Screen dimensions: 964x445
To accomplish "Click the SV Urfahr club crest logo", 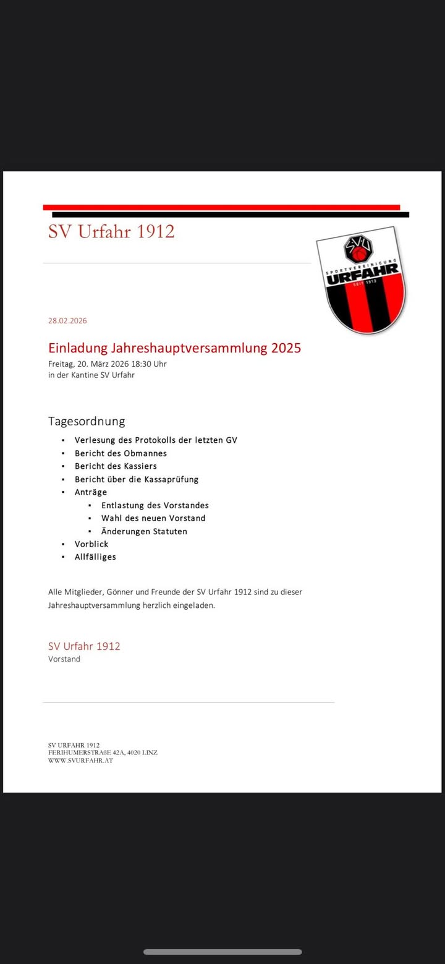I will click(362, 281).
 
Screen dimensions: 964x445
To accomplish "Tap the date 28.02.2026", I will click(67, 321).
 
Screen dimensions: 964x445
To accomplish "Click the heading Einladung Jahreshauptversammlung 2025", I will click(174, 348).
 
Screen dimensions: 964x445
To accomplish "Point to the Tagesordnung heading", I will click(87, 421).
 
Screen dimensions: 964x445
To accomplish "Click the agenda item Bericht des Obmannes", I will click(121, 453).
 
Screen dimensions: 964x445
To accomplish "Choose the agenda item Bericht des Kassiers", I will click(116, 466).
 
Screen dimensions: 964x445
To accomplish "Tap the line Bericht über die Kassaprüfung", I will click(137, 479).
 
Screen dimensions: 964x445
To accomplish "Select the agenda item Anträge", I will click(91, 492).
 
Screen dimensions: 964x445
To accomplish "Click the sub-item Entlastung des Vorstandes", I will click(155, 505).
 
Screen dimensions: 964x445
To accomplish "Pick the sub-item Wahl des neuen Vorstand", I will click(153, 518).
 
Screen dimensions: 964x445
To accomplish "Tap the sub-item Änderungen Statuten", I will click(144, 531).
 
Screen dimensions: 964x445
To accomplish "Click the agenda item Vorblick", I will click(91, 544).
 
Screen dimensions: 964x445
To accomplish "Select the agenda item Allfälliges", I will click(95, 557).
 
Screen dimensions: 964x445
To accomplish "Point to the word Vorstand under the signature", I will click(64, 659).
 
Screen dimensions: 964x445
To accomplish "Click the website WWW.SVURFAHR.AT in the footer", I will click(80, 761).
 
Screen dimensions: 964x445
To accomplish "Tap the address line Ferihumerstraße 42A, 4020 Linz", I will click(103, 753).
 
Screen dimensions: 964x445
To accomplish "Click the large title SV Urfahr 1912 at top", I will click(111, 231).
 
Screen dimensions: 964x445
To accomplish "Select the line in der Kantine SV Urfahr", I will click(91, 375).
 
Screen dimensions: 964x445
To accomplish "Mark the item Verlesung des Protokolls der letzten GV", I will click(156, 440).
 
